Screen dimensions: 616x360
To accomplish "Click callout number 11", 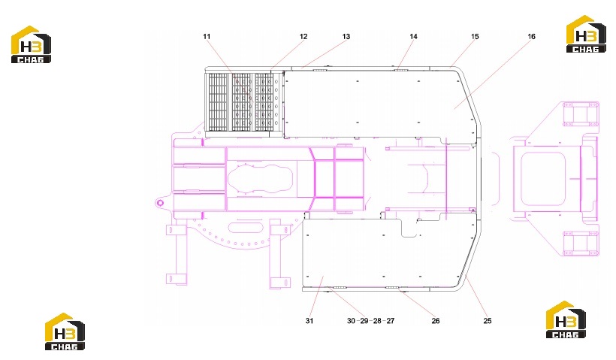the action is pyautogui.click(x=207, y=37).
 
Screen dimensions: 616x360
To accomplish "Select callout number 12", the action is pyautogui.click(x=303, y=37).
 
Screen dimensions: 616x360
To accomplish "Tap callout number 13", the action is pyautogui.click(x=346, y=37).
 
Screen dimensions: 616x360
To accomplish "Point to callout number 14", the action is pyautogui.click(x=413, y=37).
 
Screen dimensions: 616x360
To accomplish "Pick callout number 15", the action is pyautogui.click(x=475, y=37).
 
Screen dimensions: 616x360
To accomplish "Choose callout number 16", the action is pyautogui.click(x=531, y=37).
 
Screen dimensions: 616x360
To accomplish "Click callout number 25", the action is pyautogui.click(x=487, y=321).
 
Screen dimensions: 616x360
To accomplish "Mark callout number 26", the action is pyautogui.click(x=435, y=321).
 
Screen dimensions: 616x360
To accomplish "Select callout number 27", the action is pyautogui.click(x=390, y=321).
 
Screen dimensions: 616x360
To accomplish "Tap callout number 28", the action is pyautogui.click(x=377, y=321).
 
